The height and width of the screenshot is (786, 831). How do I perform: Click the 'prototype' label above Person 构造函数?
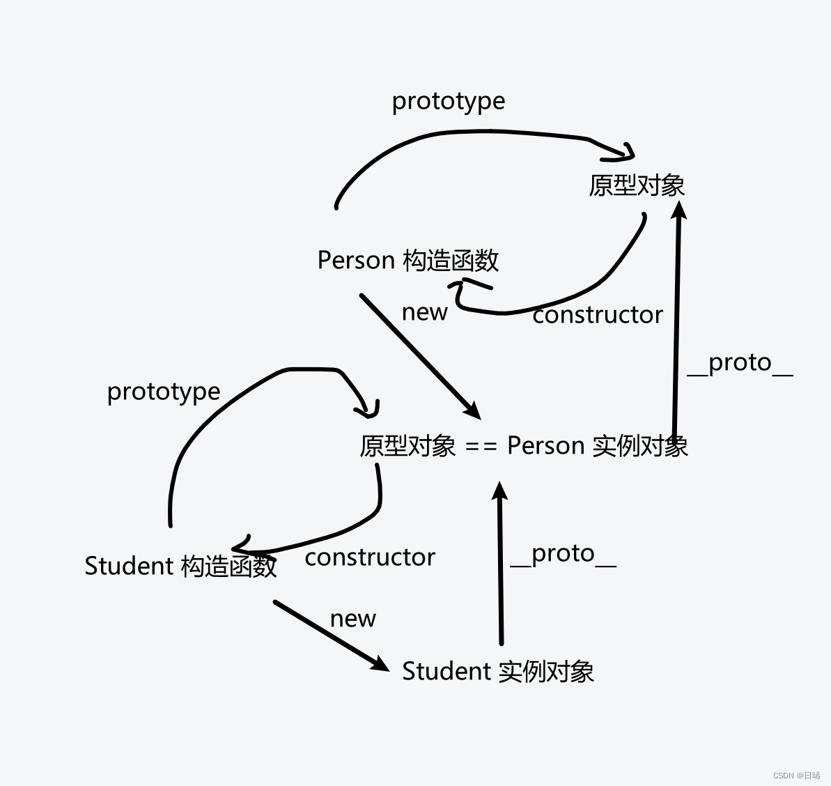coord(448,102)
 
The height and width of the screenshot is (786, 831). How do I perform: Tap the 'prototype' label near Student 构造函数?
coord(163,392)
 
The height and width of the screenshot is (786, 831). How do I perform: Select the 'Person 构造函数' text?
coord(407,261)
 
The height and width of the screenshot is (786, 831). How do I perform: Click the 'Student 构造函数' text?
coord(180,566)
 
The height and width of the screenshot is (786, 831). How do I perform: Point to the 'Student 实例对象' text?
coord(498,672)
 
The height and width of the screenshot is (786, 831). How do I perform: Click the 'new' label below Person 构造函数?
coord(424,312)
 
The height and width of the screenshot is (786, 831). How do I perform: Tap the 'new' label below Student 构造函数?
coord(352,619)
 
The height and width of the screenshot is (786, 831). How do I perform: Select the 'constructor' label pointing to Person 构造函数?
coord(597,316)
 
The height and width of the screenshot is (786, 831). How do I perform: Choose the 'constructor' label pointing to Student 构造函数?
coord(370,557)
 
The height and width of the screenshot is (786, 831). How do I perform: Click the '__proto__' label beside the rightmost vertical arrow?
coord(740,363)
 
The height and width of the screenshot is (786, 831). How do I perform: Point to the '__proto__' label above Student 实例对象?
coord(563,554)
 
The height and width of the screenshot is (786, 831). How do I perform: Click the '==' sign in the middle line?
coord(481,446)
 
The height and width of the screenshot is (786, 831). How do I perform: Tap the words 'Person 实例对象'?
coord(597,446)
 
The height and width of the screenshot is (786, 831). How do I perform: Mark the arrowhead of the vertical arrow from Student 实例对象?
coord(499,490)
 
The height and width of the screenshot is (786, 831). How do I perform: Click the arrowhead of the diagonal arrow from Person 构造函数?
coord(473,411)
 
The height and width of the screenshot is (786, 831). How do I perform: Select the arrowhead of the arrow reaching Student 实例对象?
coord(381,664)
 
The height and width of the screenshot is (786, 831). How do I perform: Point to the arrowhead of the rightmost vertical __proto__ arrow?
coord(679,210)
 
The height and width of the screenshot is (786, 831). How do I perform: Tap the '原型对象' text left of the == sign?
coord(407,446)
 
